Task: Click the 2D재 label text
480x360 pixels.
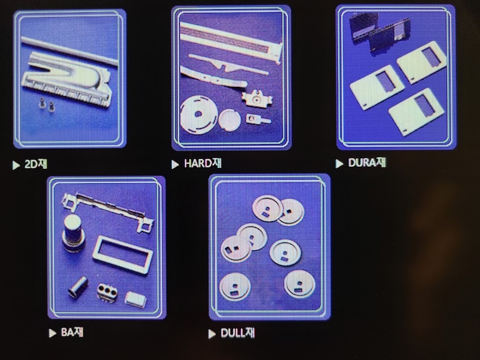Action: (36, 164)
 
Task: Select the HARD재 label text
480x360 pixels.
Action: (203, 163)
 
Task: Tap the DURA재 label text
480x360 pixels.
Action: (367, 163)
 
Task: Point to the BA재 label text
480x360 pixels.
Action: (72, 332)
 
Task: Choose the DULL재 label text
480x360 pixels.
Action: (238, 333)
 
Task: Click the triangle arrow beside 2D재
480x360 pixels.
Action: (16, 165)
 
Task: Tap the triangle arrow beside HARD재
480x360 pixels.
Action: (175, 164)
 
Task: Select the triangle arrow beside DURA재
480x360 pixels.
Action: (339, 164)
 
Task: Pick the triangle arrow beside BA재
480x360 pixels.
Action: (52, 333)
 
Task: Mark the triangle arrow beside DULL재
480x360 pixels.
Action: (212, 334)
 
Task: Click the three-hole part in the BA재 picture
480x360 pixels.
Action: (107, 293)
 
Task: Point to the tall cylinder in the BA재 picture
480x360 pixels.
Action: (73, 233)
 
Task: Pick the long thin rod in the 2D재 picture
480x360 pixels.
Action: (70, 51)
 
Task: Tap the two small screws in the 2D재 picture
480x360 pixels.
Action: (47, 105)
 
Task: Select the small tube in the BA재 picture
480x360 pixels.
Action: (78, 287)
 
